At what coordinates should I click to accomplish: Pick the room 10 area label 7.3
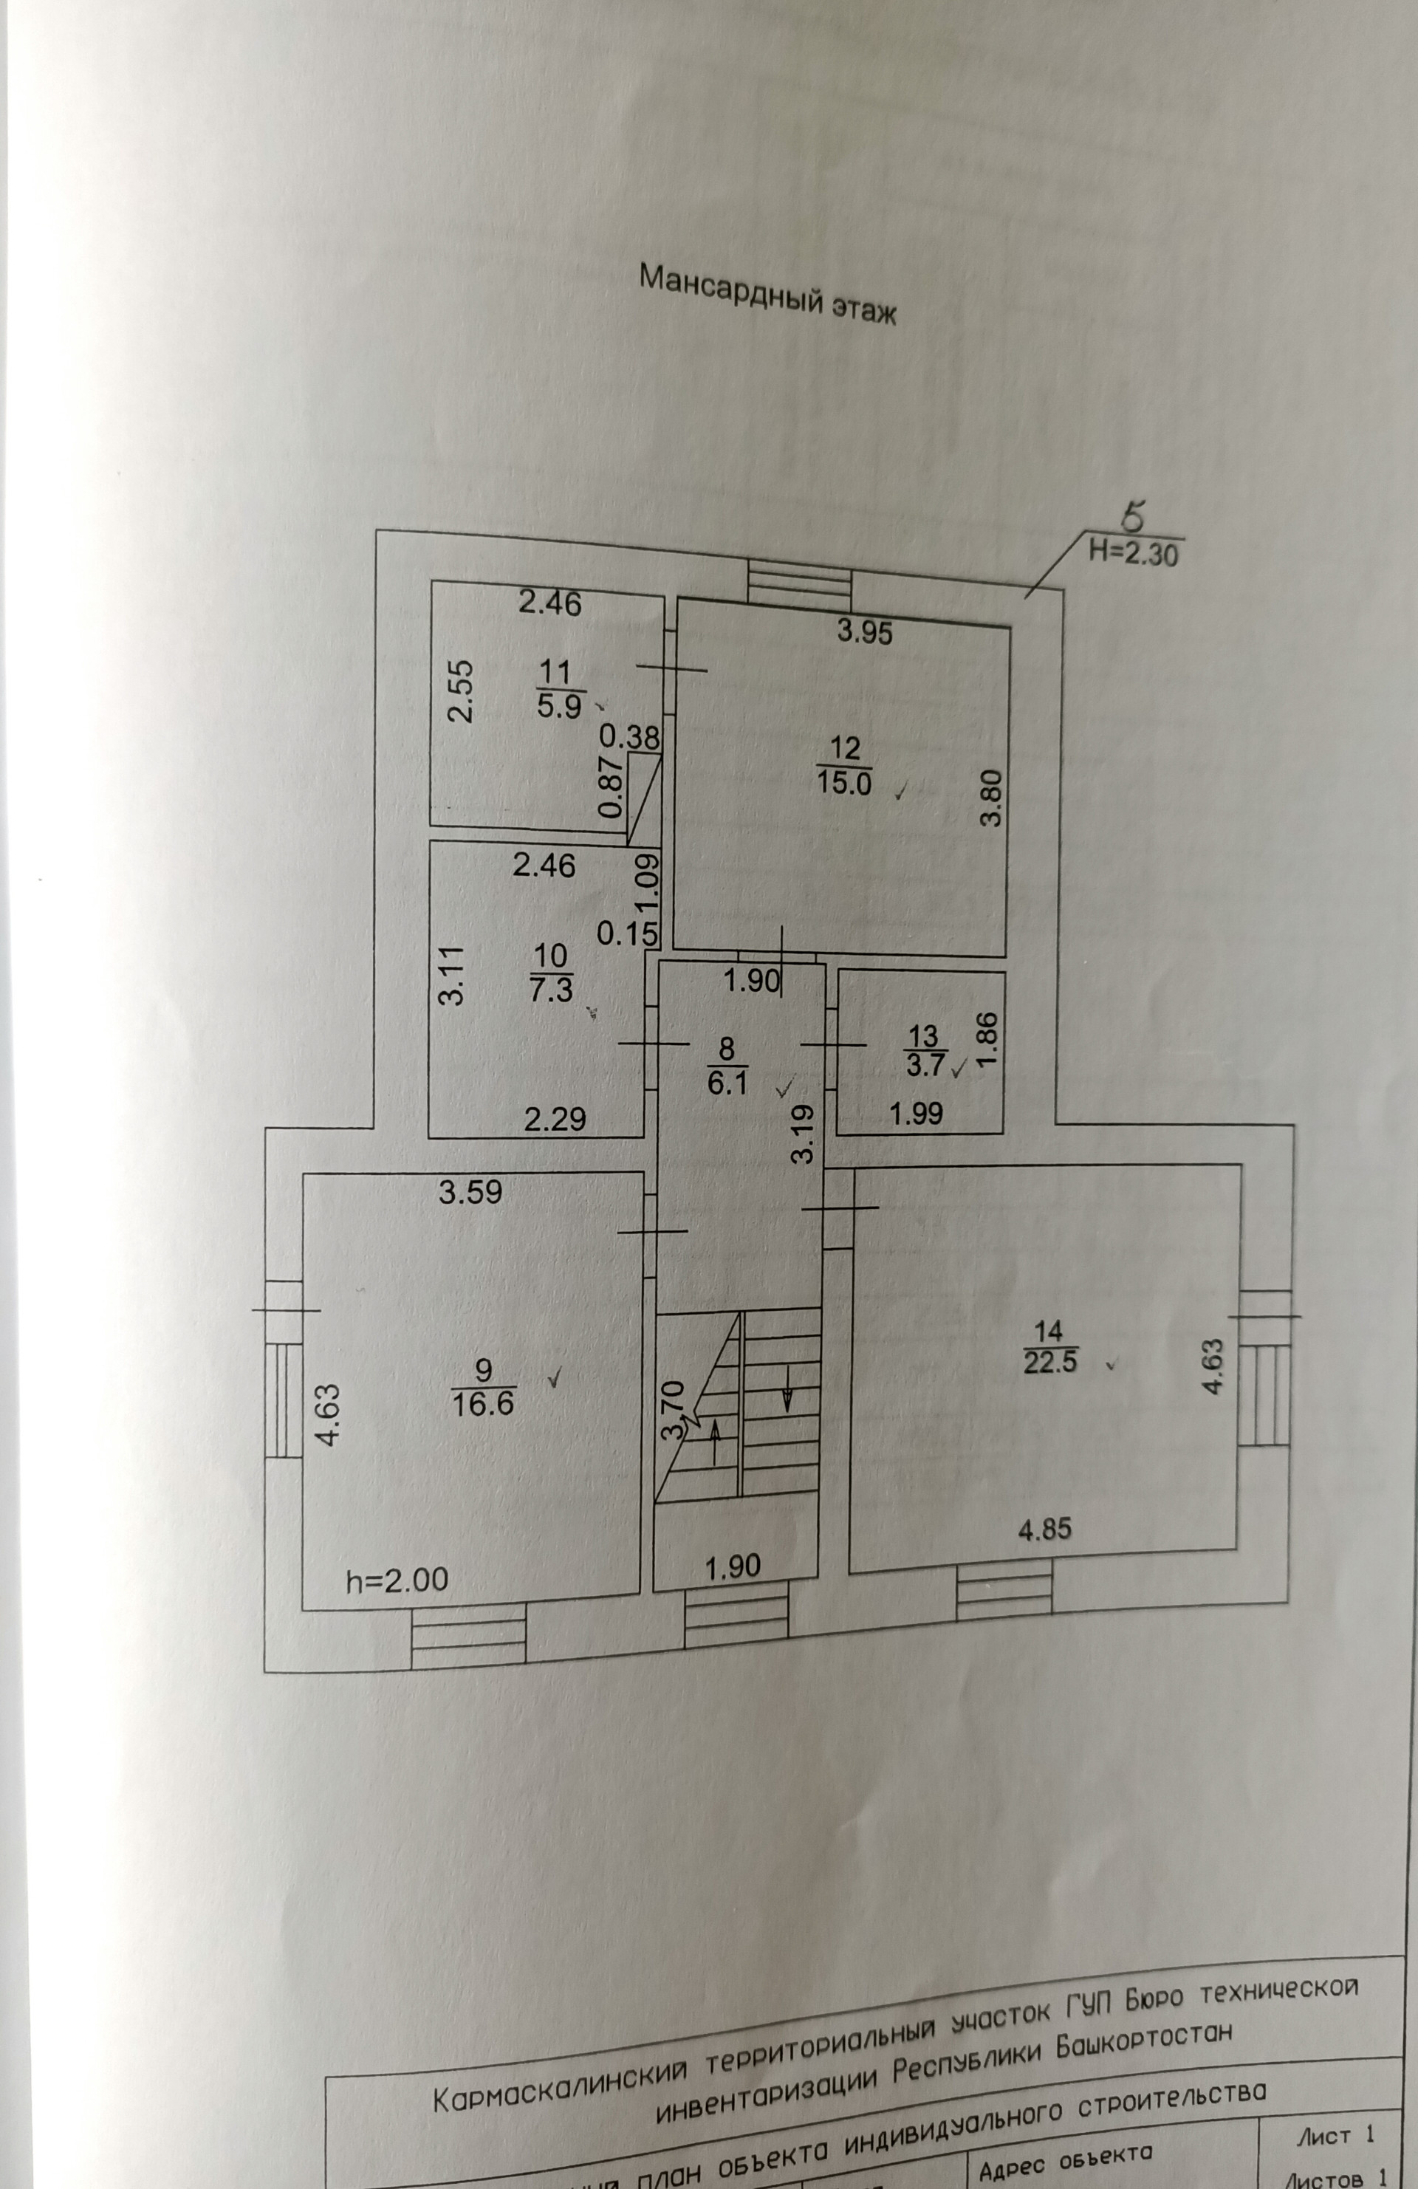tap(551, 989)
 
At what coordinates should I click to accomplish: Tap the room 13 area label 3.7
tap(923, 1065)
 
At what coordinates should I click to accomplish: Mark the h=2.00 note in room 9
tap(397, 1580)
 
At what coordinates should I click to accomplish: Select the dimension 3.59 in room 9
tap(471, 1193)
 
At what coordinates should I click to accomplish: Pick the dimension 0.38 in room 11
tap(630, 737)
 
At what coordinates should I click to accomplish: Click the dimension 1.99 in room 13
tap(917, 1114)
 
